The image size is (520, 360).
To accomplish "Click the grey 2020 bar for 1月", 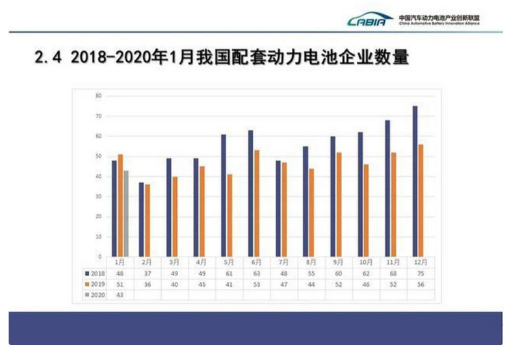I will pyautogui.click(x=126, y=213).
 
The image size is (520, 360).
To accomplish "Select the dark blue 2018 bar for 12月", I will pyautogui.click(x=415, y=181).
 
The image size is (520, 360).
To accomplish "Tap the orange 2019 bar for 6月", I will pyautogui.click(x=257, y=203).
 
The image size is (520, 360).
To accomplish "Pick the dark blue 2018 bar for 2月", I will pyautogui.click(x=141, y=219).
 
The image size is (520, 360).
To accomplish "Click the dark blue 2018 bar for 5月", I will pyautogui.click(x=224, y=195).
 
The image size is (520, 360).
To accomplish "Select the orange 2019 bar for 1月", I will pyautogui.click(x=120, y=205).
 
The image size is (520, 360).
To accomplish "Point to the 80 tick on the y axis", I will pyautogui.click(x=98, y=96).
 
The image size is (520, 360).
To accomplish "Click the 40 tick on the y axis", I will pyautogui.click(x=98, y=176).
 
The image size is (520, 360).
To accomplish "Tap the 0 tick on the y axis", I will pyautogui.click(x=99, y=256).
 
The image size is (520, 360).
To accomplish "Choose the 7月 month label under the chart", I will pyautogui.click(x=283, y=262).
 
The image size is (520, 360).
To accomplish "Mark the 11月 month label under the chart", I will pyautogui.click(x=393, y=262).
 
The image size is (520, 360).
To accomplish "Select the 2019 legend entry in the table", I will pyautogui.click(x=95, y=283).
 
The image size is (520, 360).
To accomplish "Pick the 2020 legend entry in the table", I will pyautogui.click(x=95, y=294).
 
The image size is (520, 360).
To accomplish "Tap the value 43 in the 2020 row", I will pyautogui.click(x=120, y=294).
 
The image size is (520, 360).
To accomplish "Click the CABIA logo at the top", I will pyautogui.click(x=370, y=20).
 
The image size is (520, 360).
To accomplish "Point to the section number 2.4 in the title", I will pyautogui.click(x=49, y=58).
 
